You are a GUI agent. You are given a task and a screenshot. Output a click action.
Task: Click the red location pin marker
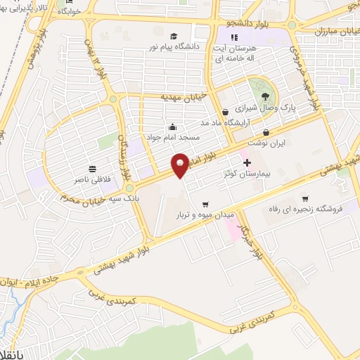[x=181, y=165]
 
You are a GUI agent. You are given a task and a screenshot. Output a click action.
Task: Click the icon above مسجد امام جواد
[x=174, y=127]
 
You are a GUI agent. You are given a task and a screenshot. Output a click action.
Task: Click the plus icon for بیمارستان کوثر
[x=247, y=162]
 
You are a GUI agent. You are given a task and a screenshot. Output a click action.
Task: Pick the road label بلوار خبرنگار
[x=250, y=240]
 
